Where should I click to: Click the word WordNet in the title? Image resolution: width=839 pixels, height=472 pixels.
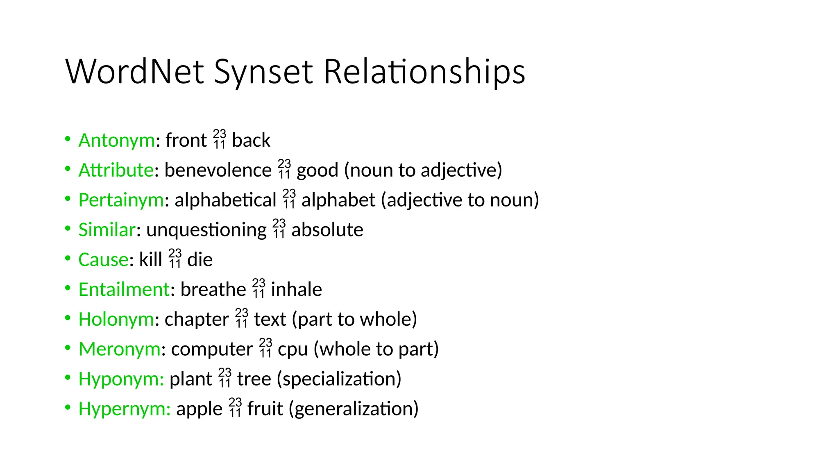pos(134,72)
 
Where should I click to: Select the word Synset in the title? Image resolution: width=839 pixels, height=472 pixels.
pos(263,73)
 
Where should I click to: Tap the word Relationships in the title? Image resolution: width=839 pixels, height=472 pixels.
pos(424,73)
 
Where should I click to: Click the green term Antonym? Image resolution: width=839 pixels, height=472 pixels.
pos(116,140)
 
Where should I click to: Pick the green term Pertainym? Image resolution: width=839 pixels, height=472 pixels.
pos(121,200)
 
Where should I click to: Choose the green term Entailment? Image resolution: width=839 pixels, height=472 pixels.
pos(123,289)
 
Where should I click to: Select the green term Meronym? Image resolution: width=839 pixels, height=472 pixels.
pos(119,349)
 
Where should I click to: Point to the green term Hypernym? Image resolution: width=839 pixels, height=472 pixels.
pos(124,409)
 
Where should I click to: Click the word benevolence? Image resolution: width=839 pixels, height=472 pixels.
pos(218,170)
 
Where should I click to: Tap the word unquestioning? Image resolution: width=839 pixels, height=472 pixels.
pos(206,230)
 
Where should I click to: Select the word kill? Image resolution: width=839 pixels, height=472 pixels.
pos(150,259)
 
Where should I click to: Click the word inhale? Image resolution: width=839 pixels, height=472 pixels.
pos(296,289)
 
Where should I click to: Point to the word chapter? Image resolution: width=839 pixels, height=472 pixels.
pos(197,320)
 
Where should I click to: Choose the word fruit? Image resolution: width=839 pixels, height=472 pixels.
pos(265,408)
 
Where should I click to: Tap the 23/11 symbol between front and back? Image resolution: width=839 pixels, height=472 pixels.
pos(220,139)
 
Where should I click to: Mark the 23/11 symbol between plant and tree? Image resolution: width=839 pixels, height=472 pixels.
pos(225,378)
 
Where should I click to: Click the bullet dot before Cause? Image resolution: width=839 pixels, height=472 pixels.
pos(68,259)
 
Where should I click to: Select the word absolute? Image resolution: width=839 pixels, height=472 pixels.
pos(327,230)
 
